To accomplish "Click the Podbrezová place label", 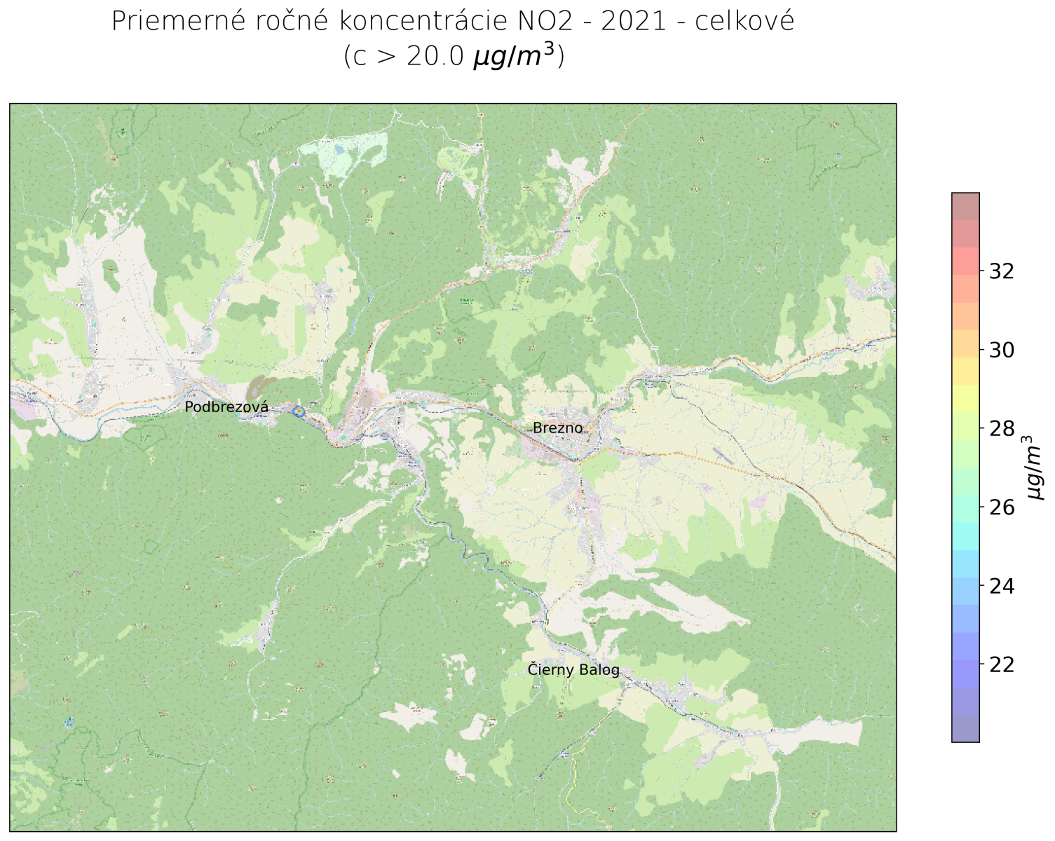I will (226, 407).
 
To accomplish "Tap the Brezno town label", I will (558, 428).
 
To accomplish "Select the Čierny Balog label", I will (573, 670).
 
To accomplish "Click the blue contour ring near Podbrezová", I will (299, 411).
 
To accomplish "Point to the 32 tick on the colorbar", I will (1002, 271).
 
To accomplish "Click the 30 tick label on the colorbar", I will (1002, 350).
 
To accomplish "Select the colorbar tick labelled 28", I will (1002, 428).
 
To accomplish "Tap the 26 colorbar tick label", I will (1002, 507).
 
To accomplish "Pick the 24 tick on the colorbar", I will (1002, 586).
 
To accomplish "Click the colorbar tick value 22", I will (1002, 664).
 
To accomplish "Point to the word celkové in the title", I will (744, 22).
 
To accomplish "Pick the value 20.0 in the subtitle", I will (435, 57).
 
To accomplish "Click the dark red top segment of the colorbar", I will (965, 206).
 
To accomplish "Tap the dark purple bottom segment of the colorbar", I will (965, 728).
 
